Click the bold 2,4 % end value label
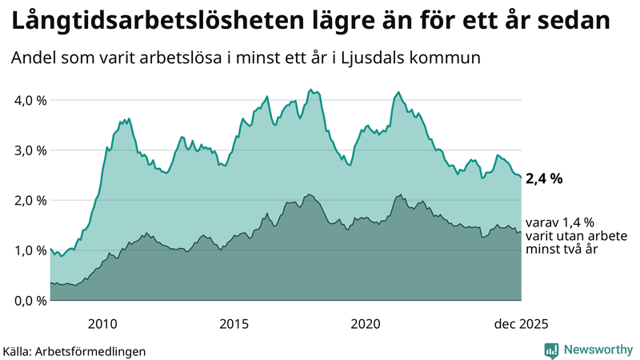(x=544, y=179)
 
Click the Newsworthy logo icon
(x=551, y=350)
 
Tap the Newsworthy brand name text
(x=596, y=350)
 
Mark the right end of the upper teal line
(x=521, y=177)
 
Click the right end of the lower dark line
(x=521, y=231)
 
